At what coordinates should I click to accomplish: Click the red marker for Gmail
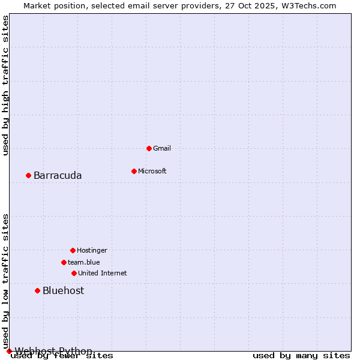click(x=149, y=148)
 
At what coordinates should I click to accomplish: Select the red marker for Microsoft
click(x=134, y=171)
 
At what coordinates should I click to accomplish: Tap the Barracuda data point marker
click(x=28, y=175)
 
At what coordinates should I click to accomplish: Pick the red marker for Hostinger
click(x=73, y=250)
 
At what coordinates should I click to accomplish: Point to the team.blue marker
click(x=64, y=262)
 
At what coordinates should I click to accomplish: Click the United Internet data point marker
click(x=74, y=273)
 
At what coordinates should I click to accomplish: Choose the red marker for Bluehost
click(x=37, y=290)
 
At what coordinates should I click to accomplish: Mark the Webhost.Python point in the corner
click(x=9, y=351)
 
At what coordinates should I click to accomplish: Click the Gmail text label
click(x=162, y=148)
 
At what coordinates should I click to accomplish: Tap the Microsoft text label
click(x=152, y=171)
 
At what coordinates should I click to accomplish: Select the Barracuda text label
click(x=58, y=175)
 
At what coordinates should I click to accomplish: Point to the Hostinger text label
click(x=92, y=250)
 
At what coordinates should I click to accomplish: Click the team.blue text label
click(x=84, y=262)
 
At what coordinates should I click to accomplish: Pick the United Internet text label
click(x=103, y=273)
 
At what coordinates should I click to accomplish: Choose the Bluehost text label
click(x=63, y=290)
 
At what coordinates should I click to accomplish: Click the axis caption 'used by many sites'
click(x=301, y=356)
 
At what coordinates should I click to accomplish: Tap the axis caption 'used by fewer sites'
click(x=62, y=356)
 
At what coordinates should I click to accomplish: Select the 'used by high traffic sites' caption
click(x=6, y=85)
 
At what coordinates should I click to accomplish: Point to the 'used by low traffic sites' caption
click(x=6, y=281)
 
